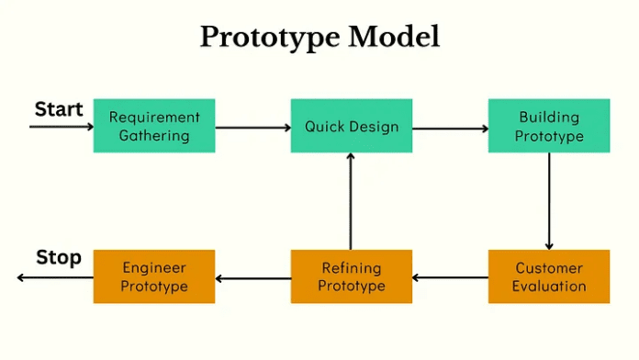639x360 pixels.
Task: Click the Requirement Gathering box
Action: (x=154, y=126)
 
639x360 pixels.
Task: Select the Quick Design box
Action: (x=352, y=126)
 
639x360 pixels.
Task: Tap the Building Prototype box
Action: (x=549, y=126)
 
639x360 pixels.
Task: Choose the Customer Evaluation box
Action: (x=549, y=276)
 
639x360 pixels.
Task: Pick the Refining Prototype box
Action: (x=352, y=276)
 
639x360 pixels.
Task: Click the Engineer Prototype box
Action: (x=154, y=276)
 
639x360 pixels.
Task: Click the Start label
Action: (x=59, y=109)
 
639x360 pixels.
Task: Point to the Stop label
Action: (x=59, y=258)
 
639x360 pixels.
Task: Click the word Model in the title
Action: (x=387, y=37)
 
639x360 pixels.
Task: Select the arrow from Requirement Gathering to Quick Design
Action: (x=252, y=127)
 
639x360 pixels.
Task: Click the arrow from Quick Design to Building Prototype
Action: (x=450, y=128)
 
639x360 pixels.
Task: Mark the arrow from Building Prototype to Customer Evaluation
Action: (x=549, y=200)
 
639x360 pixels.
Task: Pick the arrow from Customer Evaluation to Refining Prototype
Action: (x=450, y=277)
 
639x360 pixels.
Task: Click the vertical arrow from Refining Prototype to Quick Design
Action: (x=351, y=202)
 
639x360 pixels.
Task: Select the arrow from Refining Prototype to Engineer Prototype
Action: (x=252, y=277)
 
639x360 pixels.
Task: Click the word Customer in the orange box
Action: (x=549, y=268)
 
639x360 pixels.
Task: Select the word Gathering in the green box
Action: (x=154, y=136)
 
